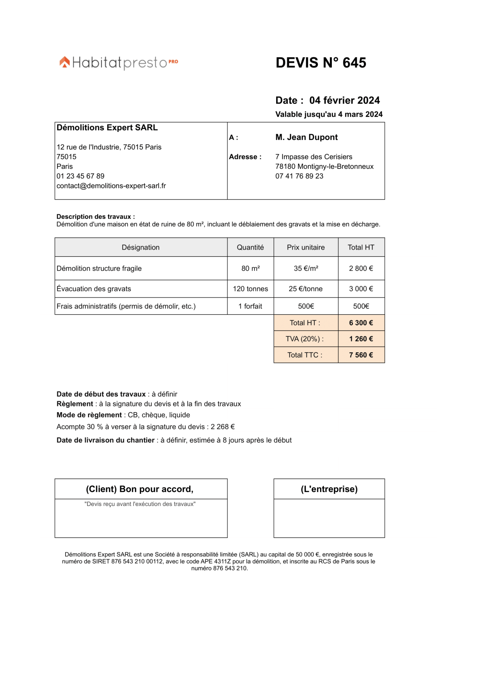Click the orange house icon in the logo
tap(65, 62)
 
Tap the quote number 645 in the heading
tap(354, 63)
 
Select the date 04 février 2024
tap(344, 100)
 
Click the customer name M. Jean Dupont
tap(306, 137)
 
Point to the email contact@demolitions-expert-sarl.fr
tap(111, 186)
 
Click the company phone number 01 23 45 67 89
tap(80, 176)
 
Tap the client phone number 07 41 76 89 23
tap(299, 176)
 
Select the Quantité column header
tap(250, 247)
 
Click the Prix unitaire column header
tap(306, 247)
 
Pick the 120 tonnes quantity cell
tap(250, 289)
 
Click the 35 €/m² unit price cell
tap(306, 268)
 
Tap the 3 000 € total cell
tap(361, 289)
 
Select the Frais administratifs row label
tap(126, 306)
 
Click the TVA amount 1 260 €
tap(361, 339)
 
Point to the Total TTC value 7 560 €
tap(361, 355)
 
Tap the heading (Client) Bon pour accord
tap(139, 489)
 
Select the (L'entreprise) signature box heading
tap(329, 489)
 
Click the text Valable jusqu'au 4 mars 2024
tap(329, 114)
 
